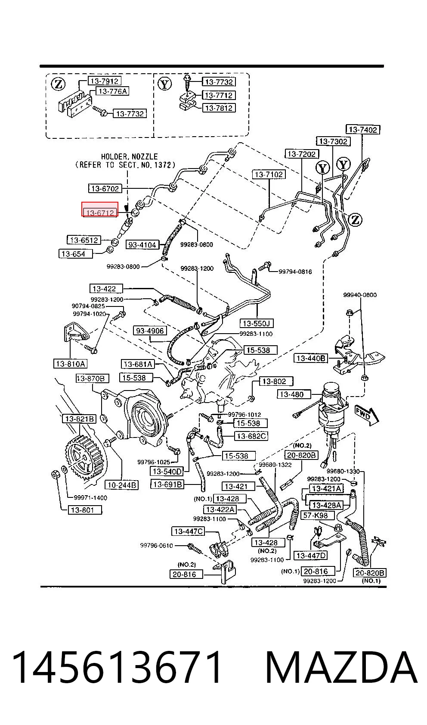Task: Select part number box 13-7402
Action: (x=363, y=130)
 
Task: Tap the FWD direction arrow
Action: (x=367, y=416)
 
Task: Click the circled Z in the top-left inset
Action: (x=58, y=84)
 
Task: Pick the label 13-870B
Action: (x=93, y=378)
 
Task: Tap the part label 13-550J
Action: (x=257, y=323)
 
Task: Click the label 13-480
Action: (x=294, y=394)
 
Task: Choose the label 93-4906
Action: (x=150, y=331)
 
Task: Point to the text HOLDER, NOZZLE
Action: (x=129, y=156)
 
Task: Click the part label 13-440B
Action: (x=311, y=358)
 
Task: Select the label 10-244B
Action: (x=121, y=485)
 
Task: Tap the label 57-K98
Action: (x=316, y=515)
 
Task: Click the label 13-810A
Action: (x=71, y=364)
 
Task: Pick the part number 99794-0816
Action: (x=295, y=272)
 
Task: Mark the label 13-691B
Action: (x=167, y=484)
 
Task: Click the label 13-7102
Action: (x=269, y=175)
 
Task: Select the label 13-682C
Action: (x=251, y=436)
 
